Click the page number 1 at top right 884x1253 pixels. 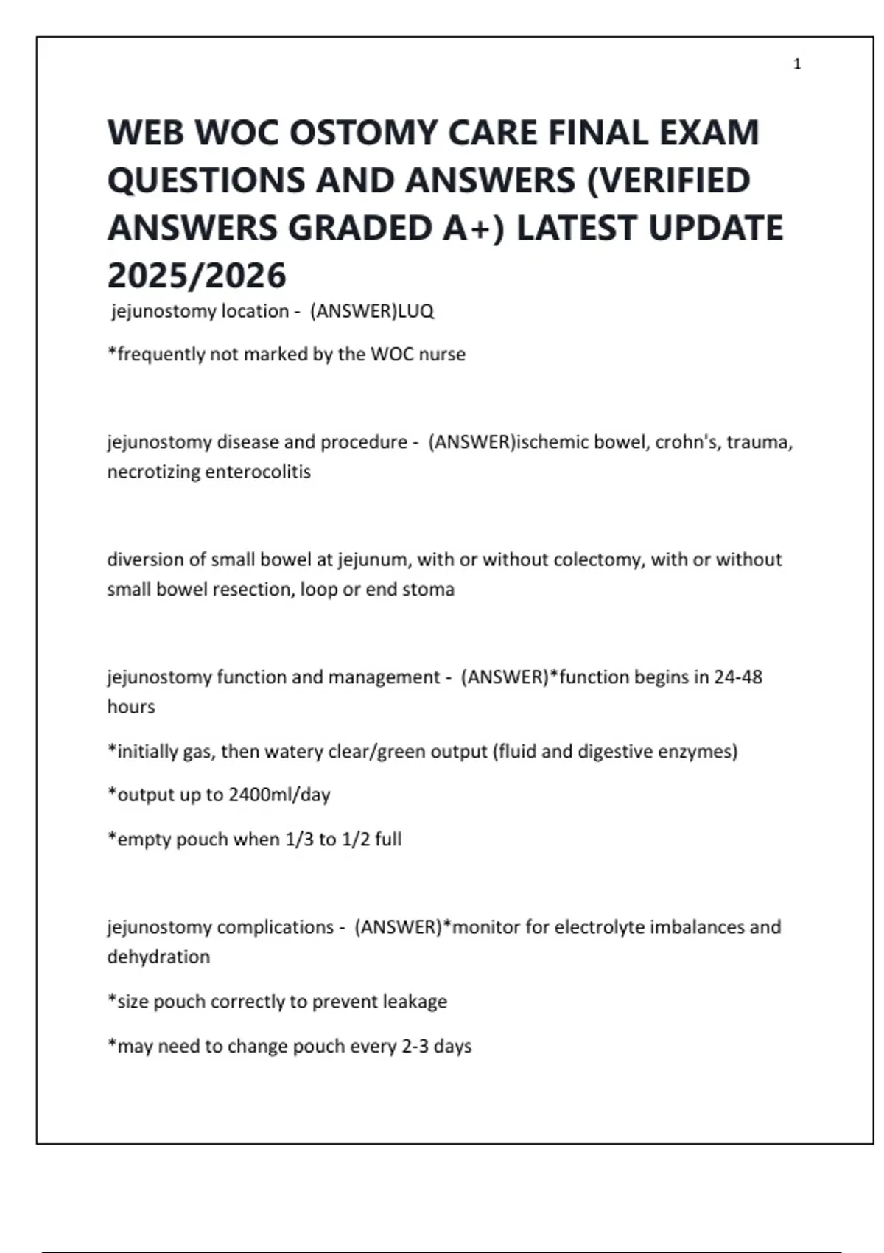(x=797, y=64)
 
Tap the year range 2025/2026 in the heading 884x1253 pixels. (x=197, y=276)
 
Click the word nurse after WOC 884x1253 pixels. (x=442, y=355)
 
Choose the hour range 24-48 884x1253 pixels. (x=738, y=677)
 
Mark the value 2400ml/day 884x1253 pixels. (x=279, y=795)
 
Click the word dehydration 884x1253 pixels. (x=158, y=957)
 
